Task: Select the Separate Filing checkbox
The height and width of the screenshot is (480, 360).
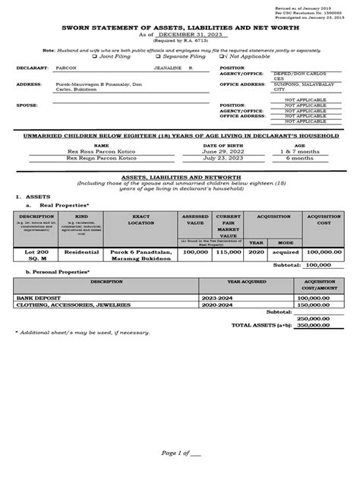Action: (157, 55)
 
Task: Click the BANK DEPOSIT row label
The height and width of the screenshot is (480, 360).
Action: (45, 298)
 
